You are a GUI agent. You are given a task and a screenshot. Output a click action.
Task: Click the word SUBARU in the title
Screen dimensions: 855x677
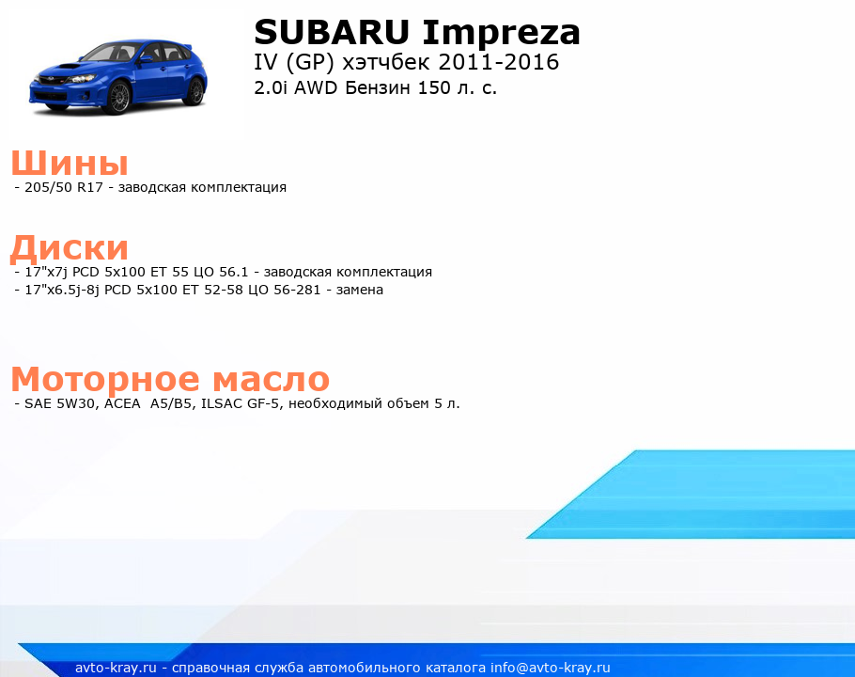coord(332,32)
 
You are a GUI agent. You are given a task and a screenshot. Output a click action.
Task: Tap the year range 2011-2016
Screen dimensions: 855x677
coord(498,62)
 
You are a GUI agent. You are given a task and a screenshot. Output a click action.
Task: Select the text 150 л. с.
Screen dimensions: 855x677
coord(457,87)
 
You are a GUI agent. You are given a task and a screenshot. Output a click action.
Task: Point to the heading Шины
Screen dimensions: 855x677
coord(70,162)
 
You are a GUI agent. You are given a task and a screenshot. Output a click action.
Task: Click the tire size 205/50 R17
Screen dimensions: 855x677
coord(64,187)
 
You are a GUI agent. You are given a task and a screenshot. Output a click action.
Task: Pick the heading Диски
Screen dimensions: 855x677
coord(70,248)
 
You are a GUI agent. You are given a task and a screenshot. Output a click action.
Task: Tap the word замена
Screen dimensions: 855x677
coord(359,290)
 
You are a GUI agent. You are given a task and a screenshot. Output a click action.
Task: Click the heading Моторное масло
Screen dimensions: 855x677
coord(170,379)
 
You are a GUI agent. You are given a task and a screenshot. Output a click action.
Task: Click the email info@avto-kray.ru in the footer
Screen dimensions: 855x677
coord(551,668)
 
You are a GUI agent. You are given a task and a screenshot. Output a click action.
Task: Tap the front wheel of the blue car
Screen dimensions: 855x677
coord(119,97)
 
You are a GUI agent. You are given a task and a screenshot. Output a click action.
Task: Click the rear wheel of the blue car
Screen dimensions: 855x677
coord(194,90)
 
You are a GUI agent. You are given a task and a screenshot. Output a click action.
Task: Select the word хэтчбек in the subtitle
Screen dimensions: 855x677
coord(385,62)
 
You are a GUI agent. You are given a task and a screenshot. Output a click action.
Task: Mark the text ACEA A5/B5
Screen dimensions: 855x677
coord(148,403)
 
